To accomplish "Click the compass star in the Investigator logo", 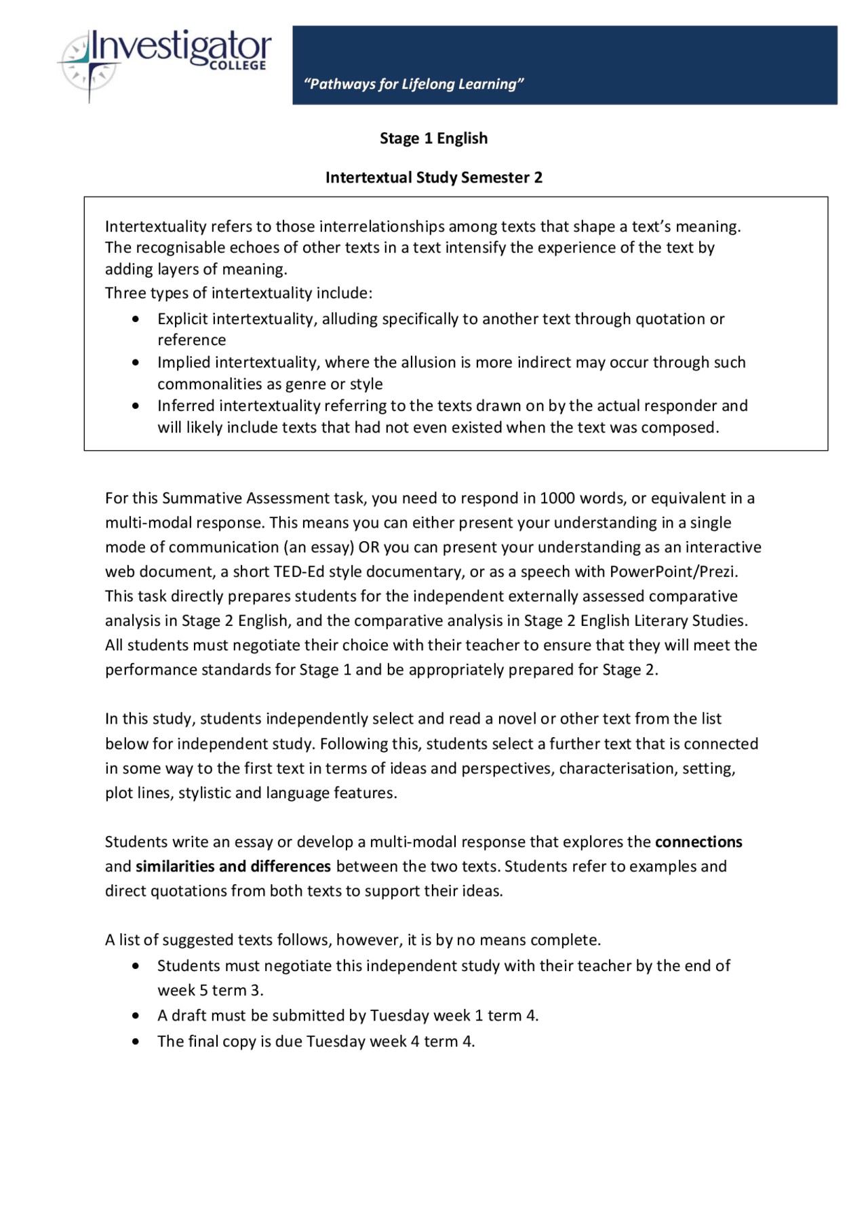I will (89, 66).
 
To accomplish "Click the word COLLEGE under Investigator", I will (237, 66).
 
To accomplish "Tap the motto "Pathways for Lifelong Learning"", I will (414, 84).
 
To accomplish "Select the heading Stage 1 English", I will (433, 138).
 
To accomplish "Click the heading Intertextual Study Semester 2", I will (433, 178).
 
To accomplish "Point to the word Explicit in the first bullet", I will (183, 319).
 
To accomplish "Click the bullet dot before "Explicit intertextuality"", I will (136, 319).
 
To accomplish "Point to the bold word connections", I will (698, 842).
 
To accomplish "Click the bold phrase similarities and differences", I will (233, 867).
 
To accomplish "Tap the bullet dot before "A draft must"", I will (136, 1016).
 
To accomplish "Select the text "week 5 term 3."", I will (210, 991).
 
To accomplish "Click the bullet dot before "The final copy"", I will (136, 1042).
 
